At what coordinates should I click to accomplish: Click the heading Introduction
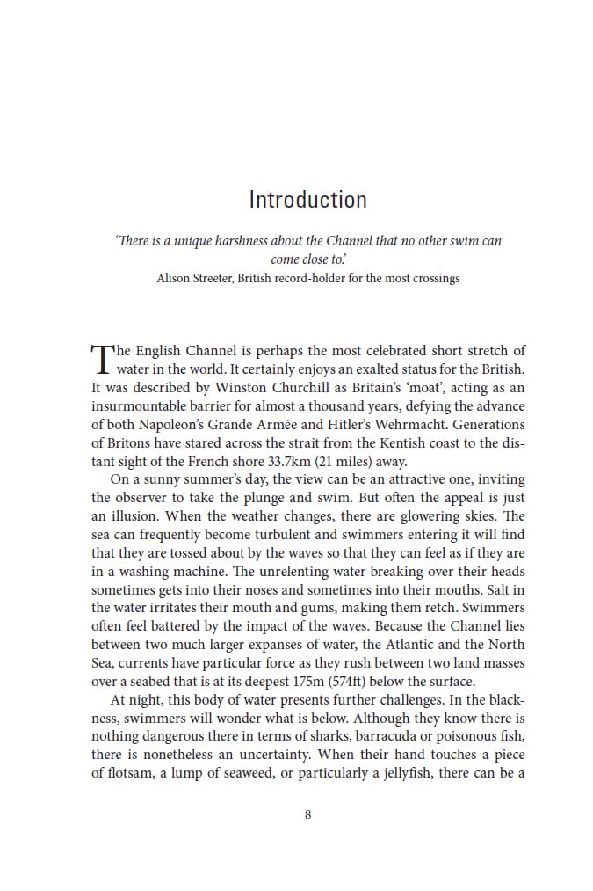(x=307, y=200)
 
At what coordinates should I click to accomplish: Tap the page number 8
(x=307, y=814)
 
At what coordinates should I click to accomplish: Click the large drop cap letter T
(x=102, y=360)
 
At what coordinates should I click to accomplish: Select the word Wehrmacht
(x=402, y=424)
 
